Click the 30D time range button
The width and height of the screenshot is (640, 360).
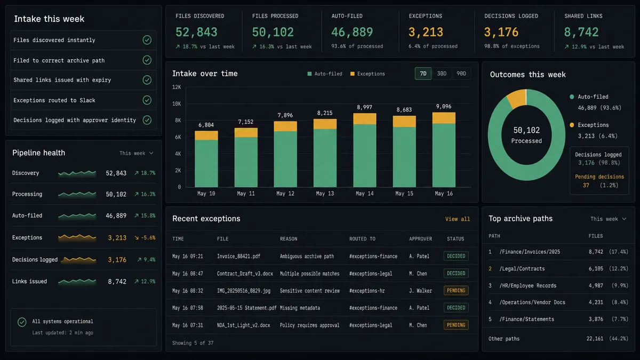coord(442,74)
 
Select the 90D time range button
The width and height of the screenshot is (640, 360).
coord(461,74)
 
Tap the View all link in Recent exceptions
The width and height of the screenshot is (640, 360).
coord(458,219)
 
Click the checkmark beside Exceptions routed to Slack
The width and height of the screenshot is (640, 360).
coord(147,100)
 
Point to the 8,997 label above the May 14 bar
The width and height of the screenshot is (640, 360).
coord(364,107)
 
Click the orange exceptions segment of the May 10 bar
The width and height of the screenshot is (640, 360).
coord(206,135)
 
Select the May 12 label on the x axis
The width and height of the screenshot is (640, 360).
coord(285,194)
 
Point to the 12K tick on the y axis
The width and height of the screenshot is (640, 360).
coord(177,87)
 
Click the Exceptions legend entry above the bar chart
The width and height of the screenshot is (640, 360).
coord(367,74)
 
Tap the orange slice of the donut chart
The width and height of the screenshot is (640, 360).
coord(517,98)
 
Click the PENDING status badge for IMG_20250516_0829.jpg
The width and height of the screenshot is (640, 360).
coord(456,291)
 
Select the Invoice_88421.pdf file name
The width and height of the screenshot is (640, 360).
coord(238,257)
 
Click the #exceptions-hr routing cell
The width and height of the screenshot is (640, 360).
coord(367,291)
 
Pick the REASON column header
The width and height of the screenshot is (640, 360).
coord(289,239)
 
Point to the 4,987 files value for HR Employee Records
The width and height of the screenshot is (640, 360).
coord(596,286)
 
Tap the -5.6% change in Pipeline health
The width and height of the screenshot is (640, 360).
coord(145,238)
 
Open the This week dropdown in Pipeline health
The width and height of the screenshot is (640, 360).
coord(137,154)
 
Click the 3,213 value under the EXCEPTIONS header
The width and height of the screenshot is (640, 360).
coord(426,33)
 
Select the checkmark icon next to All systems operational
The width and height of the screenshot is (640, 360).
coord(22,322)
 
